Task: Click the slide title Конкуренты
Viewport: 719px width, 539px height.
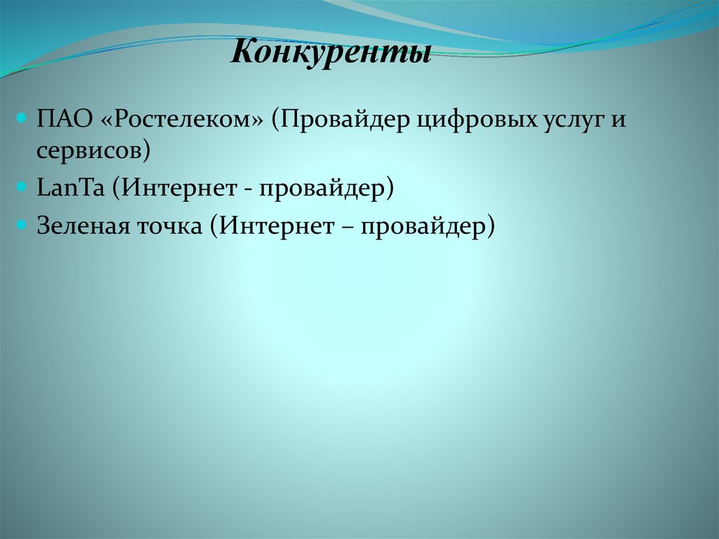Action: point(331,53)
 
